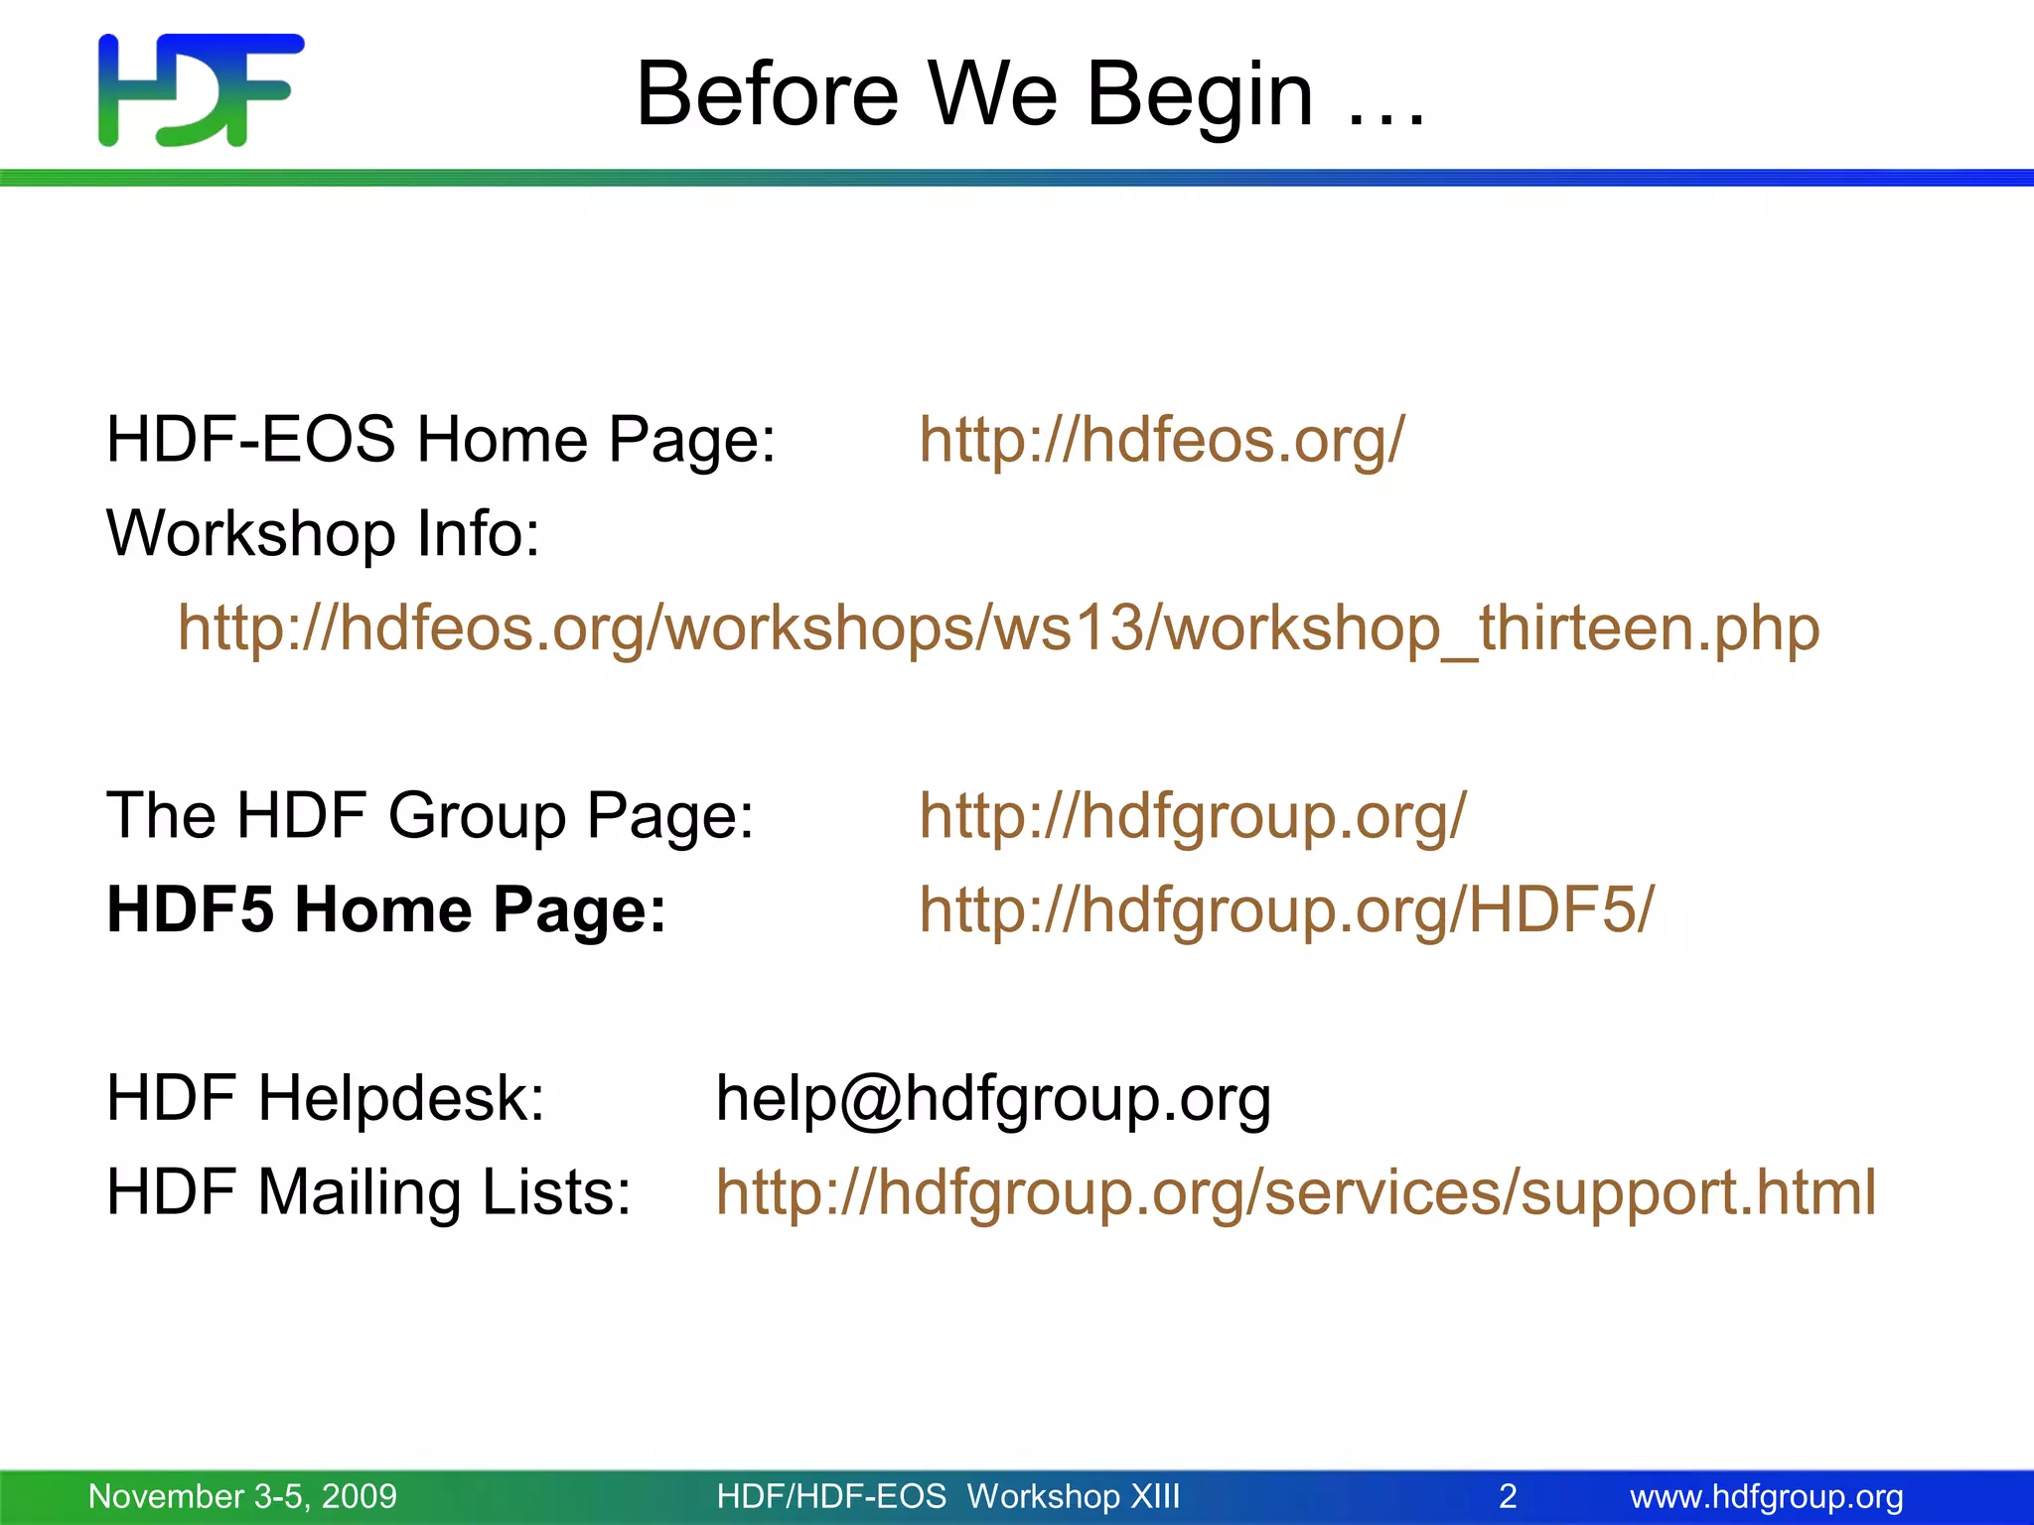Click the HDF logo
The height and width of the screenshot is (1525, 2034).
click(x=201, y=90)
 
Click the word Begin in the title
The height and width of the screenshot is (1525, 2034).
click(x=1200, y=96)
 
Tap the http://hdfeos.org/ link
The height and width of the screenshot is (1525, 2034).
click(x=1161, y=440)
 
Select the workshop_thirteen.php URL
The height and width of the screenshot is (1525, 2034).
click(x=998, y=628)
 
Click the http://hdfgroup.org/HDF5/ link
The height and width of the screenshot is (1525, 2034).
click(x=1286, y=909)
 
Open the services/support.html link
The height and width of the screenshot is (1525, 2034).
click(x=1295, y=1192)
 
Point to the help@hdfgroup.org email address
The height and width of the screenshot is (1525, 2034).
click(x=993, y=1099)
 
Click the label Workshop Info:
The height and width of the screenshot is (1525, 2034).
click(x=323, y=534)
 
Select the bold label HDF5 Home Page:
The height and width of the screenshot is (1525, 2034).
click(x=386, y=909)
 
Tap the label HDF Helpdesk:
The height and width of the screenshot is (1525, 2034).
click(x=326, y=1098)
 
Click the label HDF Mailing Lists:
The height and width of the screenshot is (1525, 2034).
click(x=368, y=1192)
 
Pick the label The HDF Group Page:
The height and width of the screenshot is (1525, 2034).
click(x=430, y=816)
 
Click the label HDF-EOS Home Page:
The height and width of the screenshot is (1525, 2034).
click(x=440, y=440)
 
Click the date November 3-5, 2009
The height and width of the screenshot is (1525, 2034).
click(x=242, y=1496)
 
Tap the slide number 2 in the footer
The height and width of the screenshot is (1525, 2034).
click(x=1508, y=1496)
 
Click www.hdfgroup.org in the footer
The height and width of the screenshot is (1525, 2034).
click(x=1766, y=1496)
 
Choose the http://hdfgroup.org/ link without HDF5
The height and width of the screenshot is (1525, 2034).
click(x=1192, y=816)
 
